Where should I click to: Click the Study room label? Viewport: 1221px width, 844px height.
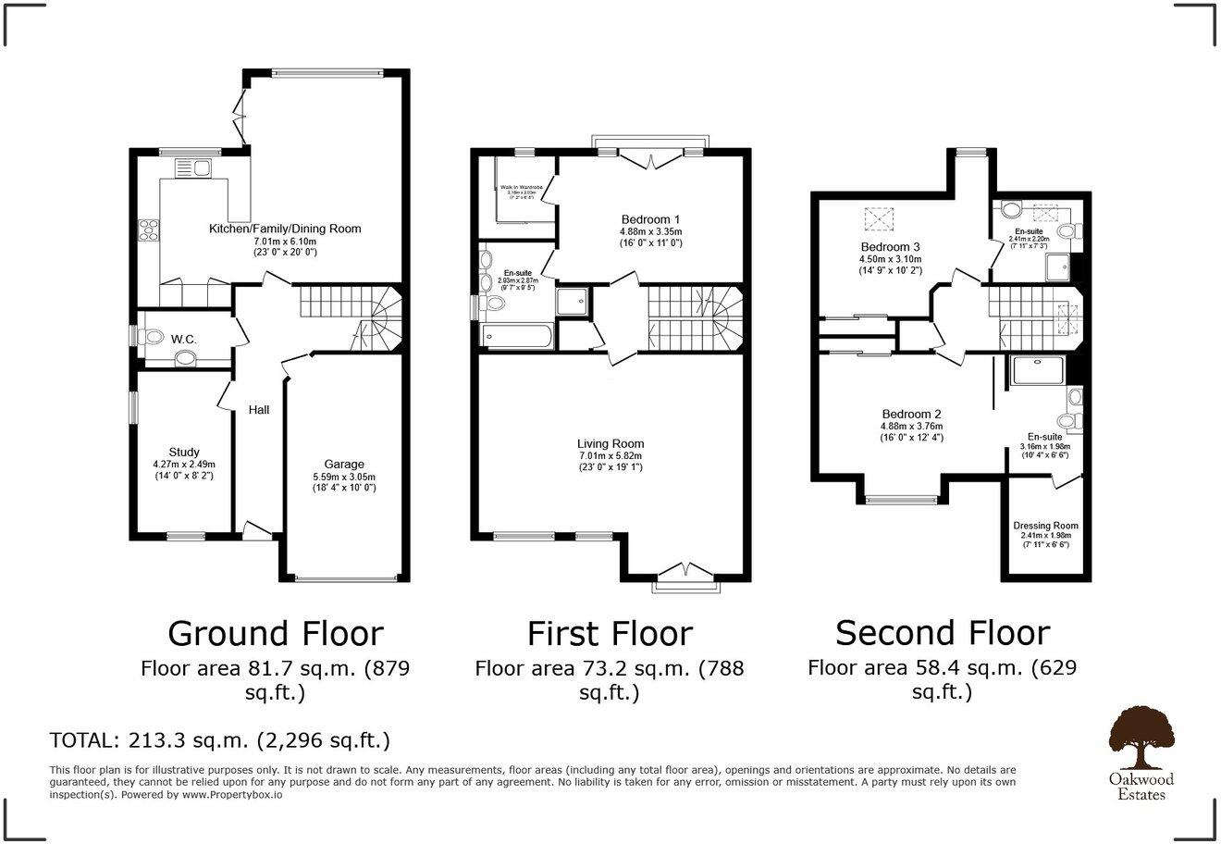click(x=183, y=453)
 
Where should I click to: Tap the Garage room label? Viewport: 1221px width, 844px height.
click(x=343, y=465)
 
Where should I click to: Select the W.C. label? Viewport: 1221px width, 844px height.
click(x=183, y=340)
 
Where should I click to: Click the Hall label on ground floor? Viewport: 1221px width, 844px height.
click(x=259, y=409)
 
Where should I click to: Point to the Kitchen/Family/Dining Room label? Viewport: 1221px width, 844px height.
click(x=285, y=229)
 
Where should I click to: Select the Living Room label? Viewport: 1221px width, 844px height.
click(x=610, y=443)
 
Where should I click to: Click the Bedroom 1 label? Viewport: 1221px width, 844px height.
click(x=651, y=219)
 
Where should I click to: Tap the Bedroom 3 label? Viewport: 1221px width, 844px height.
click(x=890, y=247)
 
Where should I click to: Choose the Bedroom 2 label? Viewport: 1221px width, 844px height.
click(x=911, y=414)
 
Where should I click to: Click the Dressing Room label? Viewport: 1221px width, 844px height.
click(x=1045, y=526)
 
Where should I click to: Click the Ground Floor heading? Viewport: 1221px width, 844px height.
click(x=275, y=634)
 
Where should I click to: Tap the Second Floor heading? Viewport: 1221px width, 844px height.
click(x=942, y=633)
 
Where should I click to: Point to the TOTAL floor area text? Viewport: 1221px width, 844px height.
click(x=219, y=740)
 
